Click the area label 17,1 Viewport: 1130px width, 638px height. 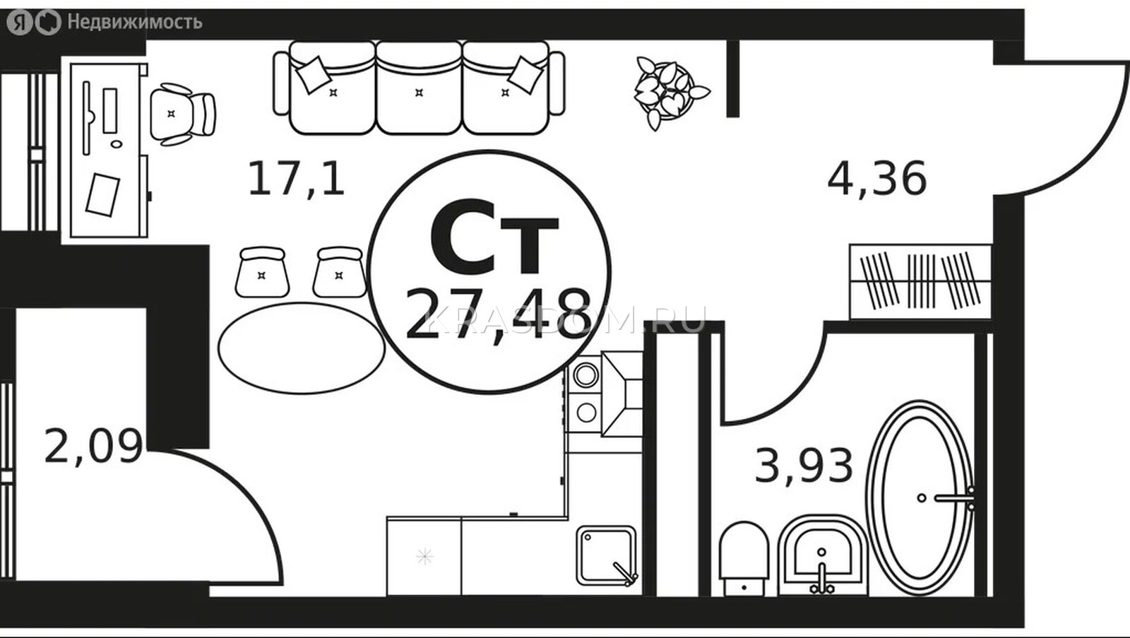[x=297, y=177]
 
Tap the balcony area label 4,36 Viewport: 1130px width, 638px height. [x=877, y=179]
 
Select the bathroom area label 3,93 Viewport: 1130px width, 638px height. [x=804, y=465]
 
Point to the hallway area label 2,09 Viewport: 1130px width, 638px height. [x=93, y=447]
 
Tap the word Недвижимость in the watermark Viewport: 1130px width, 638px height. [x=135, y=22]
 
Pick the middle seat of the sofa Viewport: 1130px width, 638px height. [x=419, y=88]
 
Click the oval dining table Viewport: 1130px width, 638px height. [x=302, y=348]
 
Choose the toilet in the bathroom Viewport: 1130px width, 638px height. [x=744, y=558]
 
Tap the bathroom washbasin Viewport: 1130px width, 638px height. [x=822, y=555]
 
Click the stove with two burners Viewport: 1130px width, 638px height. [x=585, y=394]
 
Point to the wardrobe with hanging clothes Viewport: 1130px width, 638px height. [x=921, y=282]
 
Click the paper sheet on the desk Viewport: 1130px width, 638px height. [x=102, y=195]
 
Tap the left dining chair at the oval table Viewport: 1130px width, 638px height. [x=262, y=273]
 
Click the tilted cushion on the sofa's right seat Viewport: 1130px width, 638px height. [x=525, y=75]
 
